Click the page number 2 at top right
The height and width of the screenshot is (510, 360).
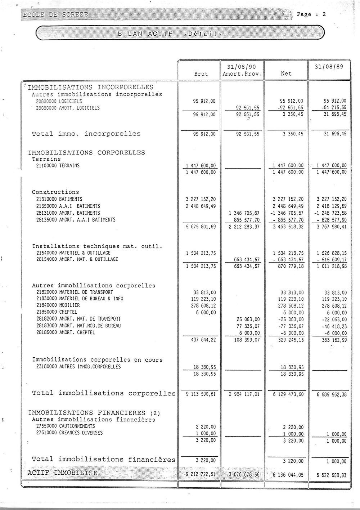click(324, 14)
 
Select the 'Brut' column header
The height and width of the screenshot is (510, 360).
click(201, 73)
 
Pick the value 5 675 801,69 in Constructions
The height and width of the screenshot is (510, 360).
click(201, 227)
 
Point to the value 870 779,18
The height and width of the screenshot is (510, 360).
click(288, 267)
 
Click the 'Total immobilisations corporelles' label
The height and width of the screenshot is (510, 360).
click(104, 393)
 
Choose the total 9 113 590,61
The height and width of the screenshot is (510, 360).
click(201, 394)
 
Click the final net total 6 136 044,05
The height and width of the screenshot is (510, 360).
click(288, 475)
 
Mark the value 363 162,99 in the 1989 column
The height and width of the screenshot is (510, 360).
click(332, 340)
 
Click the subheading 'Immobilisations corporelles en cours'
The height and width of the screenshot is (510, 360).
click(97, 359)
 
